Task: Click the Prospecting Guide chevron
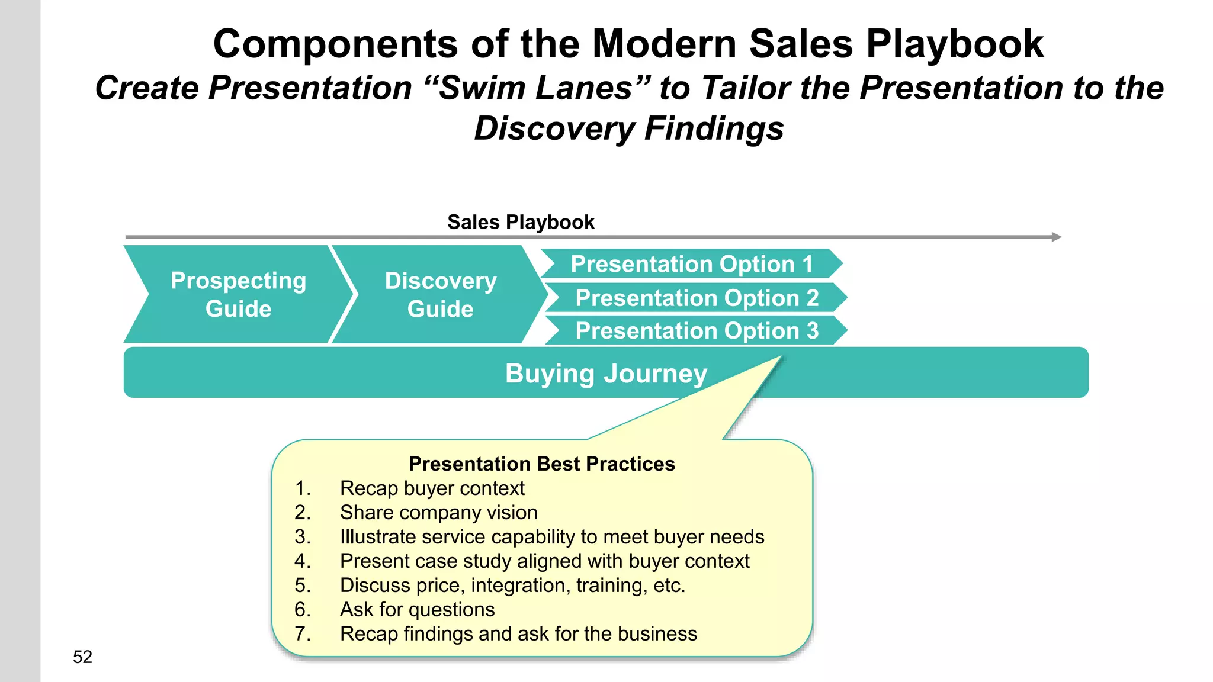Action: (238, 294)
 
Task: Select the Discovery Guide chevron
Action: (440, 294)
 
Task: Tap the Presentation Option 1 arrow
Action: (691, 263)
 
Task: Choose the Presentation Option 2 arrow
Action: (697, 297)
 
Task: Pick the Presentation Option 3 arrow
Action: (697, 330)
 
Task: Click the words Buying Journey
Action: (606, 374)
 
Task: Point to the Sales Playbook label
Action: (521, 222)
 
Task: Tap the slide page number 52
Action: (82, 657)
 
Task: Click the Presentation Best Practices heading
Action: (541, 464)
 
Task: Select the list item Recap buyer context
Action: (432, 488)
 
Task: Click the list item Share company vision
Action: (438, 513)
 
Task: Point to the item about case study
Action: (544, 561)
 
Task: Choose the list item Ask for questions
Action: (417, 610)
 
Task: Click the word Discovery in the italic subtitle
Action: (555, 128)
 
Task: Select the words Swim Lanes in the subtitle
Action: (536, 88)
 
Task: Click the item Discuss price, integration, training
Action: (512, 586)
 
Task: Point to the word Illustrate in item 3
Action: (377, 537)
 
